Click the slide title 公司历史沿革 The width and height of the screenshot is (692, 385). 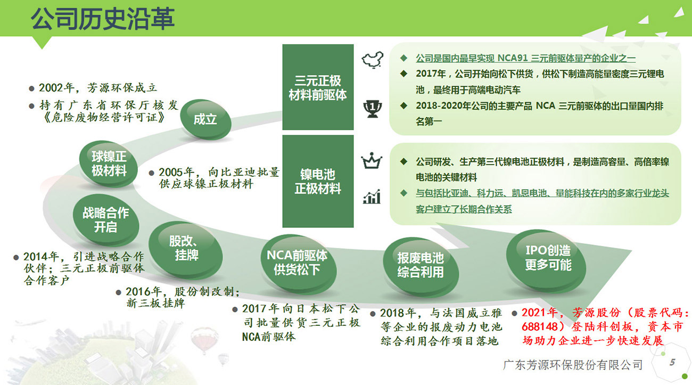(x=103, y=19)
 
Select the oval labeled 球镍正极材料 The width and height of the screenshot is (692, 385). (x=108, y=164)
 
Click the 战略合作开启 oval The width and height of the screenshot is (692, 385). (x=105, y=220)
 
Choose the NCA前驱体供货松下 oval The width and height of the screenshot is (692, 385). (x=298, y=263)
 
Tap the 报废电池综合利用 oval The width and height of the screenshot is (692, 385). (x=421, y=265)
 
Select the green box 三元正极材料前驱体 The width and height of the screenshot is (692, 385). (x=318, y=87)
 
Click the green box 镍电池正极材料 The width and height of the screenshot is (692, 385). (x=318, y=181)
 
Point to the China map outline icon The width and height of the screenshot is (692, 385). (x=373, y=59)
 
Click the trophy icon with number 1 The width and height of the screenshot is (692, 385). (x=373, y=109)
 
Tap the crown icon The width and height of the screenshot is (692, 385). (x=372, y=160)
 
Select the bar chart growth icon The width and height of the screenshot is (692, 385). (x=372, y=196)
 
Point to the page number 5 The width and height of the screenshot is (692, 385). (x=672, y=362)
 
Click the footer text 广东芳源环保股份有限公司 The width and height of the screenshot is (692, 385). (x=572, y=365)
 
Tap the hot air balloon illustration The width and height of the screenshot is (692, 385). (x=204, y=340)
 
